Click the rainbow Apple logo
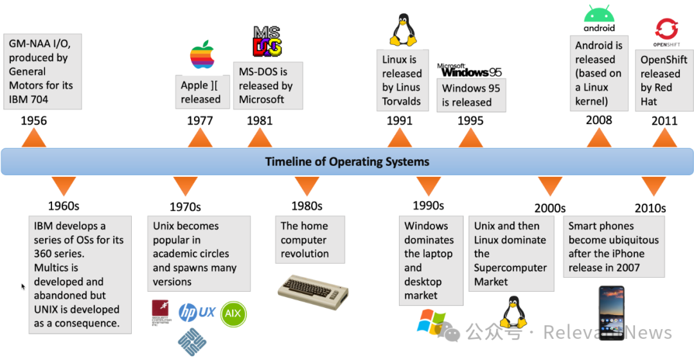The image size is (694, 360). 202,56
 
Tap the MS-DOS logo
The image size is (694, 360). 267,42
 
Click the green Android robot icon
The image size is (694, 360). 599,14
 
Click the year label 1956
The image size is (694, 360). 33,120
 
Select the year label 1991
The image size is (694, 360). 399,120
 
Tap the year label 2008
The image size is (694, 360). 599,120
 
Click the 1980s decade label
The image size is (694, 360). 307,206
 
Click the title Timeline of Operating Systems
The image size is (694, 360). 347,161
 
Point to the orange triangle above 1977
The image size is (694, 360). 200,138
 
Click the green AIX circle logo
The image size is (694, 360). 233,314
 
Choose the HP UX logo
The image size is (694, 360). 197,312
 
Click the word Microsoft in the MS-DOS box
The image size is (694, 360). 262,100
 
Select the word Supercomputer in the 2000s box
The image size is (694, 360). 510,267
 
